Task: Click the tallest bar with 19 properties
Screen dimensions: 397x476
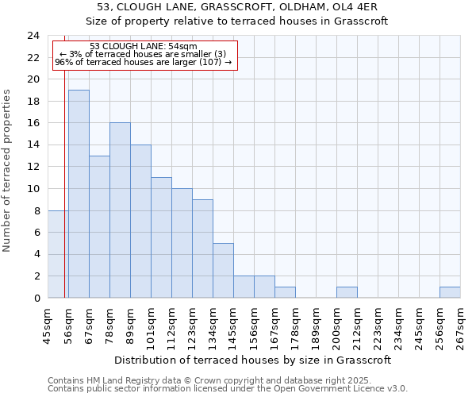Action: pyautogui.click(x=79, y=194)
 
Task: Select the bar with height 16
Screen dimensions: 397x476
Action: pyautogui.click(x=120, y=210)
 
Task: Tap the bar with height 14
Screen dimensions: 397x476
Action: pyautogui.click(x=140, y=222)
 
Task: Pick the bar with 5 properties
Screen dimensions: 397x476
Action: pyautogui.click(x=223, y=271)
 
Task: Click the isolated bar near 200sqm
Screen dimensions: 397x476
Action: pyautogui.click(x=347, y=292)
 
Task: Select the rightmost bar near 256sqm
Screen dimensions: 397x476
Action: pyautogui.click(x=450, y=292)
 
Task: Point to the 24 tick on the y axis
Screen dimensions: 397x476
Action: pyautogui.click(x=33, y=36)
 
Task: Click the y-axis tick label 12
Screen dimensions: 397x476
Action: pyautogui.click(x=33, y=167)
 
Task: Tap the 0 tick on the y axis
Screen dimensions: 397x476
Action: pyautogui.click(x=36, y=299)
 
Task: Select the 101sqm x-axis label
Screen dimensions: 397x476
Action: pyautogui.click(x=151, y=326)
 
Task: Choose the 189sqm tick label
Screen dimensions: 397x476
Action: pyautogui.click(x=316, y=326)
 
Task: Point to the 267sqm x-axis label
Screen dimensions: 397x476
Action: pyautogui.click(x=460, y=326)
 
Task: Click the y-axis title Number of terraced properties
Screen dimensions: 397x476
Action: pyautogui.click(x=7, y=171)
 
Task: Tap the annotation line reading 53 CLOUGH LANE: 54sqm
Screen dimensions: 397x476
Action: pyautogui.click(x=144, y=47)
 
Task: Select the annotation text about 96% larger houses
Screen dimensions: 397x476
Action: pyautogui.click(x=144, y=62)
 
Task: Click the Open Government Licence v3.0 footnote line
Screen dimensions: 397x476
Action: pyautogui.click(x=228, y=388)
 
